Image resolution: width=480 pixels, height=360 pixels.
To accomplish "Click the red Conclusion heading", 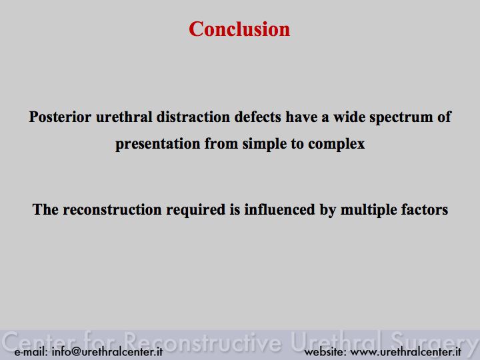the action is pyautogui.click(x=239, y=29).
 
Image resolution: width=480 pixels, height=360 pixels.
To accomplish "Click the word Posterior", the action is pyautogui.click(x=60, y=117).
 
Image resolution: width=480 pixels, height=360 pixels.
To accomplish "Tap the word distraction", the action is pyautogui.click(x=193, y=117).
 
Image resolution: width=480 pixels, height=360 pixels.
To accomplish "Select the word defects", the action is pyautogui.click(x=258, y=117).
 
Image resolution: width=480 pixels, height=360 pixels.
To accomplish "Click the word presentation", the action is pyautogui.click(x=157, y=144).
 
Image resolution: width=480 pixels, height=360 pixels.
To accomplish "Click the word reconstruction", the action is pyautogui.click(x=113, y=210).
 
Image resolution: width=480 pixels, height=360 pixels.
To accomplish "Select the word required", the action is pyautogui.click(x=195, y=211).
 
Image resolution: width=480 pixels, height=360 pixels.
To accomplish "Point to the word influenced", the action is pyautogui.click(x=279, y=210).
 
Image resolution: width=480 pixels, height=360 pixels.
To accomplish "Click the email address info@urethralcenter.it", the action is pyautogui.click(x=107, y=351).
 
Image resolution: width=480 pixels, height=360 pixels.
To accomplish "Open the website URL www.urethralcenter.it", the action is pyautogui.click(x=405, y=351).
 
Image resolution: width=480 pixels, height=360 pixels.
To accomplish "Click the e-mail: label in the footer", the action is pyautogui.click(x=31, y=351).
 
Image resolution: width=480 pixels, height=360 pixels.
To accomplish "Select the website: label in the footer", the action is pyautogui.click(x=325, y=351).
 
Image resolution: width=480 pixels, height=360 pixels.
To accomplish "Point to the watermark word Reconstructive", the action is pyautogui.click(x=203, y=341).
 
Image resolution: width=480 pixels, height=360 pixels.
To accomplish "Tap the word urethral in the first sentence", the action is pyautogui.click(x=124, y=117).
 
